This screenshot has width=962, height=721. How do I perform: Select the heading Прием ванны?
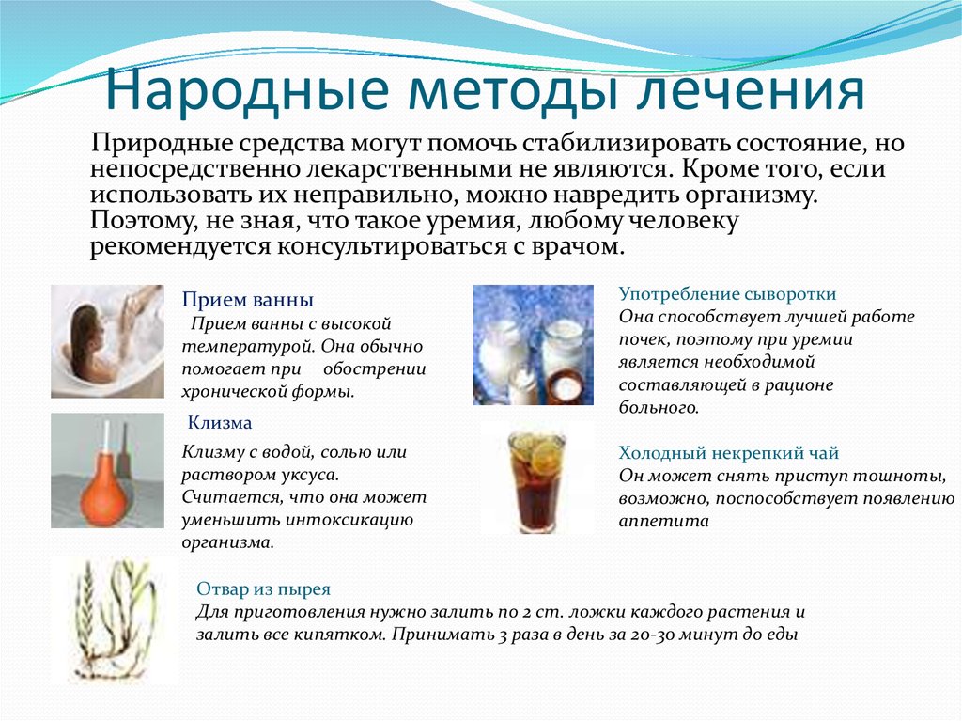pyautogui.click(x=248, y=300)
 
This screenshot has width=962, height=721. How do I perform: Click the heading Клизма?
pyautogui.click(x=220, y=422)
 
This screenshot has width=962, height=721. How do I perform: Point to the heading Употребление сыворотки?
pyautogui.click(x=727, y=293)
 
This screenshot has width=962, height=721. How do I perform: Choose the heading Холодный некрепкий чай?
pyautogui.click(x=728, y=452)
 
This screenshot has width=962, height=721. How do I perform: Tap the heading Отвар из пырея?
pyautogui.click(x=263, y=589)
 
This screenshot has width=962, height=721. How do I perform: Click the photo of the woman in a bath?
pyautogui.click(x=107, y=341)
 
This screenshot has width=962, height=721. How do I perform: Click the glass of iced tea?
pyautogui.click(x=536, y=481)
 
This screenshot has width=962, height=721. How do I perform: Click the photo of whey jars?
pyautogui.click(x=534, y=345)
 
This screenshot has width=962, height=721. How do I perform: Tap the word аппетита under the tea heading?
pyautogui.click(x=655, y=522)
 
